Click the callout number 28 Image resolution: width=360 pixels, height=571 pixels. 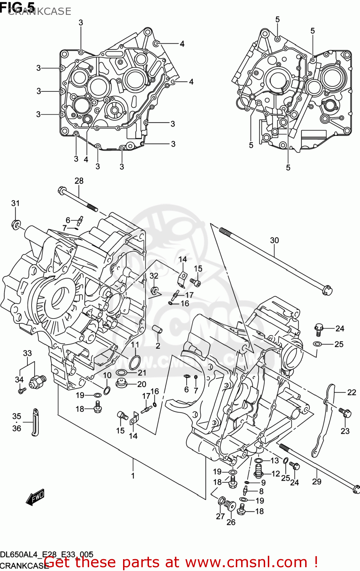click(79, 181)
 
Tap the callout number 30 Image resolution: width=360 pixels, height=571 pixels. click(274, 240)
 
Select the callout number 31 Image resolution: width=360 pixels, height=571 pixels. click(15, 203)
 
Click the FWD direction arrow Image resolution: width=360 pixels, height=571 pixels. click(35, 498)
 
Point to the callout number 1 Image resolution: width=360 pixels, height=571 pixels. click(133, 475)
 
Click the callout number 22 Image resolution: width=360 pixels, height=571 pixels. click(351, 392)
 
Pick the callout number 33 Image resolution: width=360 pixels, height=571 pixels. click(27, 353)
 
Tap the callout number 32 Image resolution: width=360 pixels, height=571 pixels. click(154, 276)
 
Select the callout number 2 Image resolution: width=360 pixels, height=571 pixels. click(158, 346)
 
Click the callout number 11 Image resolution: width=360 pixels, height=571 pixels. click(135, 345)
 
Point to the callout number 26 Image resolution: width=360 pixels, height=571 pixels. click(231, 522)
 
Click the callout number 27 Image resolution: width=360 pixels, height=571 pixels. click(220, 516)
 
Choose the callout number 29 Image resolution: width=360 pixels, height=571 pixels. click(317, 482)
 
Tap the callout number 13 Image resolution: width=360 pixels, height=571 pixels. click(275, 461)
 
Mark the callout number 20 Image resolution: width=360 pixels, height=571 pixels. click(142, 384)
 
